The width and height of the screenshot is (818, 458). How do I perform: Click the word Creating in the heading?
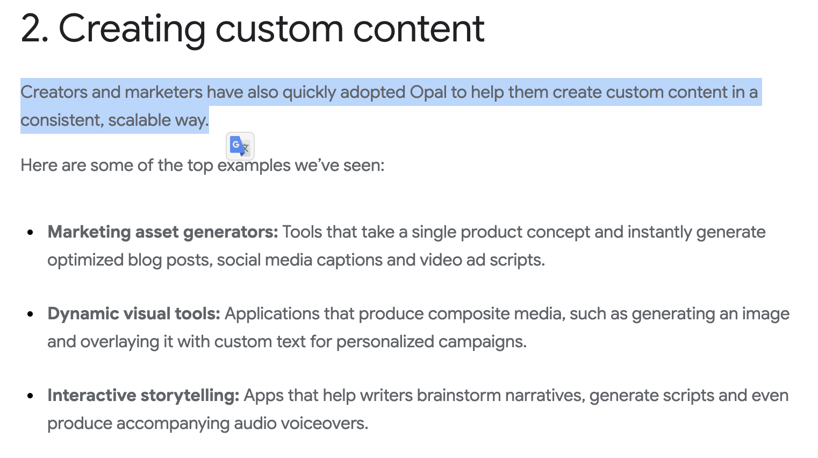tap(132, 29)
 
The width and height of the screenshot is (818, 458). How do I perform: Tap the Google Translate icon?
tap(240, 146)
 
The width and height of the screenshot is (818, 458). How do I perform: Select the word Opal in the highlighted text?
tap(428, 92)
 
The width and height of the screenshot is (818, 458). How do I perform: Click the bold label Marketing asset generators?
tap(162, 232)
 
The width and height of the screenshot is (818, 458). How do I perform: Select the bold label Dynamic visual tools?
tap(134, 314)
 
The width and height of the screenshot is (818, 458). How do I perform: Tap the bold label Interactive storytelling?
tap(143, 396)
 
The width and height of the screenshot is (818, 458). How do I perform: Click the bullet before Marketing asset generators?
tap(31, 233)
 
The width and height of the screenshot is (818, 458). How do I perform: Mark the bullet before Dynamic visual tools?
tap(31, 314)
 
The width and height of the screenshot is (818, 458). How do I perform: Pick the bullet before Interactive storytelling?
tap(31, 396)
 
